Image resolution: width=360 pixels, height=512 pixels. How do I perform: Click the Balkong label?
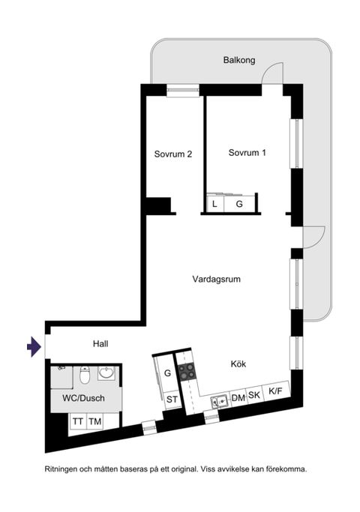pyautogui.click(x=238, y=60)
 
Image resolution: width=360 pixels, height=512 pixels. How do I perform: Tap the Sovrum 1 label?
pyautogui.click(x=247, y=152)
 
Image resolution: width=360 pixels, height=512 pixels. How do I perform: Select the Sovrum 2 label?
pyautogui.click(x=174, y=154)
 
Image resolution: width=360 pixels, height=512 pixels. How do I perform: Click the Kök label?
pyautogui.click(x=238, y=364)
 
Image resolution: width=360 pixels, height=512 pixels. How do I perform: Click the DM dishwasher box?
pyautogui.click(x=238, y=397)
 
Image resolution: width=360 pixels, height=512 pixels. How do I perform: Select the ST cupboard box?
pyautogui.click(x=172, y=399)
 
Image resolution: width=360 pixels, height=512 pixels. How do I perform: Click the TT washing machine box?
pyautogui.click(x=77, y=422)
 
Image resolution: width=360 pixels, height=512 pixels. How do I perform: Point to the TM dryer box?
pyautogui.click(x=95, y=422)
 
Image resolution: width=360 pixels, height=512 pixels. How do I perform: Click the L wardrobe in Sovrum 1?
pyautogui.click(x=214, y=203)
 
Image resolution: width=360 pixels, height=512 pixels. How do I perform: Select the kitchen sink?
pyautogui.click(x=220, y=401)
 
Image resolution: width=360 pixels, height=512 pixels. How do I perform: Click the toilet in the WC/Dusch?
pyautogui.click(x=85, y=373)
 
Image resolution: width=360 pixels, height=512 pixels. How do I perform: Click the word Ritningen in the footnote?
pyautogui.click(x=63, y=469)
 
